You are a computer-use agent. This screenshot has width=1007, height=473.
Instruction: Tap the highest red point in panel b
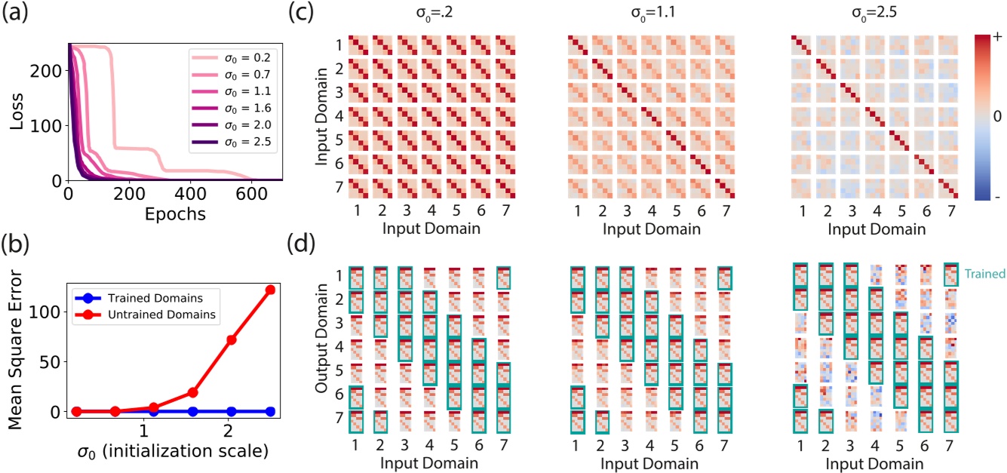[270, 290]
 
